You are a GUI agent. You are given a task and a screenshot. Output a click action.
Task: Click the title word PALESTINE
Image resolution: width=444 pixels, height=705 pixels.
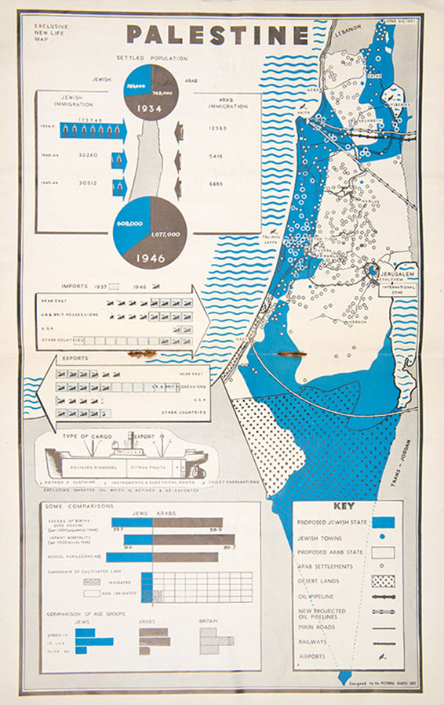pyautogui.click(x=217, y=35)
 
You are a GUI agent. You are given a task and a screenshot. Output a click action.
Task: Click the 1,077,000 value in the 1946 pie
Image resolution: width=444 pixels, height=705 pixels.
pyautogui.click(x=166, y=233)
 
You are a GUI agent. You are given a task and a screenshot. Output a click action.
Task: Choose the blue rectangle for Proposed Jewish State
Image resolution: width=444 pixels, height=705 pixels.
pyautogui.click(x=382, y=522)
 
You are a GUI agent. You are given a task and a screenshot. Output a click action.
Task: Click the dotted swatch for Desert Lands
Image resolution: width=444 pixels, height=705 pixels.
pyautogui.click(x=382, y=581)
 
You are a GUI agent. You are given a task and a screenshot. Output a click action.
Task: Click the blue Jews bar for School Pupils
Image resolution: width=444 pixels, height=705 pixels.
pyautogui.click(x=129, y=558)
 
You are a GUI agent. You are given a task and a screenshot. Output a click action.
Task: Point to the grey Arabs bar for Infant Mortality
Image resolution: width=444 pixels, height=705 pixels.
pyautogui.click(x=193, y=540)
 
